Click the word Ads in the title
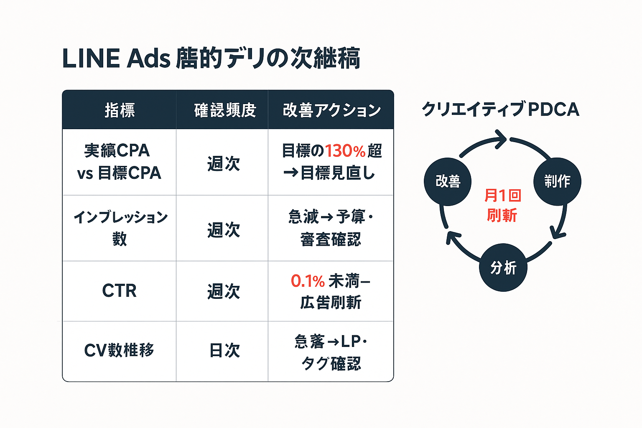pyautogui.click(x=148, y=59)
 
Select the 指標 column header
pyautogui.click(x=120, y=110)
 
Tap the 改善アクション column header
pyautogui.click(x=331, y=110)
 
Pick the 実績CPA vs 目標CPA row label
pyautogui.click(x=119, y=162)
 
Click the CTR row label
pyautogui.click(x=119, y=291)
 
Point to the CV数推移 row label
pyautogui.click(x=119, y=350)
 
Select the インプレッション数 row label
pyautogui.click(x=120, y=228)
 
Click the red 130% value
pyautogui.click(x=345, y=151)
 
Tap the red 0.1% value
pyautogui.click(x=308, y=281)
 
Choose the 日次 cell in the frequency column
pyautogui.click(x=224, y=350)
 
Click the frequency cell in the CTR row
pyautogui.click(x=224, y=291)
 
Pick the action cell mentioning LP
pyautogui.click(x=331, y=352)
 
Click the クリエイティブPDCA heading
pyautogui.click(x=500, y=110)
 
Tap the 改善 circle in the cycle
pyautogui.click(x=448, y=181)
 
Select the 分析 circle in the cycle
pyautogui.click(x=503, y=267)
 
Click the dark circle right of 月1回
pyautogui.click(x=557, y=181)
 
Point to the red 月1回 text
pyautogui.click(x=502, y=195)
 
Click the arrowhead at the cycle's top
pyautogui.click(x=500, y=139)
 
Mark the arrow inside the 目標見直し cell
pyautogui.click(x=290, y=173)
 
